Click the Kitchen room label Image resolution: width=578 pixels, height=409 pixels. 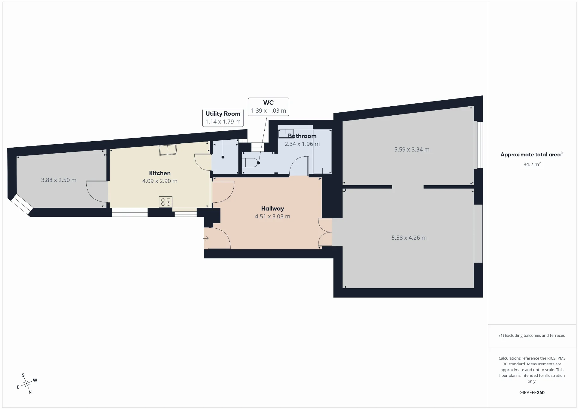[x=160, y=173]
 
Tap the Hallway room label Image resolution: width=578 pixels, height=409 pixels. [x=272, y=208]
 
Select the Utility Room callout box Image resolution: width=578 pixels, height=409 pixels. [x=223, y=118]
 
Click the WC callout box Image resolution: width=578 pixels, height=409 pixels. [x=269, y=107]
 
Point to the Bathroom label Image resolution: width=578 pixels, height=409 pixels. [x=302, y=136]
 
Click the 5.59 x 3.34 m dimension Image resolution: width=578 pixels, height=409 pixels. [x=412, y=149]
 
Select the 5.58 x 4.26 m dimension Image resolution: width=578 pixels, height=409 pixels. [x=409, y=238]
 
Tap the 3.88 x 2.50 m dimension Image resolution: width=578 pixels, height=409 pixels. [x=59, y=180]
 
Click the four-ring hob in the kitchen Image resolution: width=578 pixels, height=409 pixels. [x=166, y=202]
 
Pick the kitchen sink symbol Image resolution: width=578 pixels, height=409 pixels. [x=168, y=150]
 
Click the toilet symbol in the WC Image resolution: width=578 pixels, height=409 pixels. [x=250, y=163]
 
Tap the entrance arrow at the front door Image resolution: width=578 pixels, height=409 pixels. [x=206, y=239]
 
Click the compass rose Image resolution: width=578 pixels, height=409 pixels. [x=27, y=384]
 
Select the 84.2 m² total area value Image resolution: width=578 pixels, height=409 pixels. [x=532, y=164]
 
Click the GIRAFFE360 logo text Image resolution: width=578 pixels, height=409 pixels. [x=532, y=392]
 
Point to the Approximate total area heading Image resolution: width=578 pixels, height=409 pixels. [x=532, y=155]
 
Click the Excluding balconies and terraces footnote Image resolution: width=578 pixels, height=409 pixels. [x=532, y=336]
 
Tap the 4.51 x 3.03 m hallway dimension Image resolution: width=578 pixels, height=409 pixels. [x=272, y=216]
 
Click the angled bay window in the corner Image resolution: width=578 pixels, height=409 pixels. [x=22, y=205]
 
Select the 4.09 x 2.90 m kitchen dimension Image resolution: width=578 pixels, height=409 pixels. [x=160, y=181]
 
